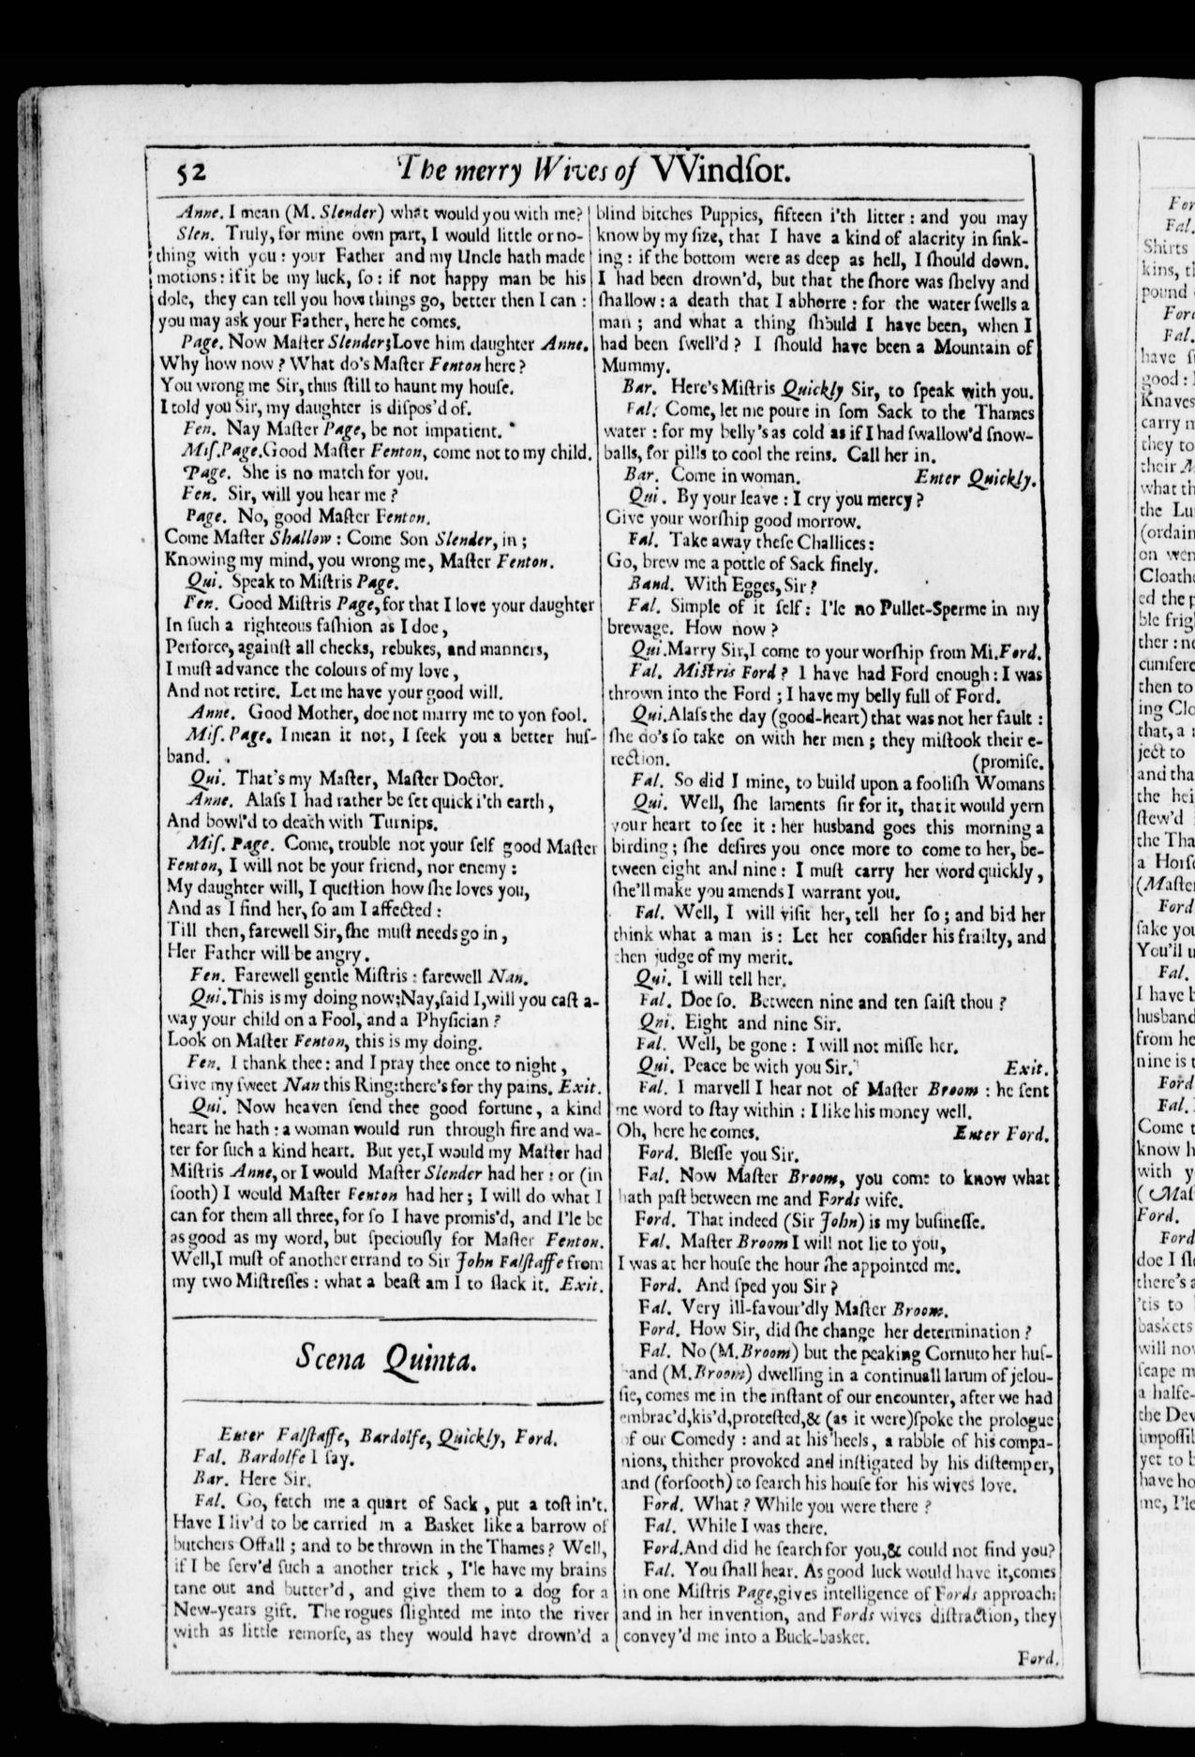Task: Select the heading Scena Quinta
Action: [x=384, y=1355]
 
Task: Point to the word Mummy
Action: [x=639, y=365]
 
